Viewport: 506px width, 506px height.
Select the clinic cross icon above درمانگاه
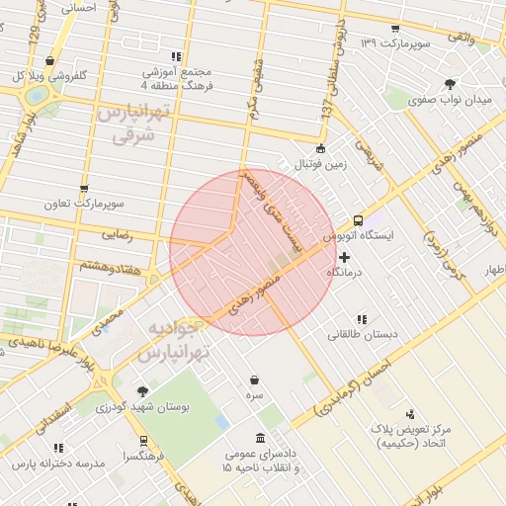coord(344,257)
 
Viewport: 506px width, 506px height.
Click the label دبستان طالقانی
coord(364,334)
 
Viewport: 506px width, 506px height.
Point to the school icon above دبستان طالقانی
coord(363,318)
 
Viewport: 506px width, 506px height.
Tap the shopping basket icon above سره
coord(255,379)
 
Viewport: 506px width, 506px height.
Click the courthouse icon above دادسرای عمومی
coord(260,438)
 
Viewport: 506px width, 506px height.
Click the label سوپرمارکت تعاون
coord(84,204)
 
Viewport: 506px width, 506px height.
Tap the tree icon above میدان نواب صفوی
coord(451,84)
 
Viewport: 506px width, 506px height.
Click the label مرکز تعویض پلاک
coord(410,431)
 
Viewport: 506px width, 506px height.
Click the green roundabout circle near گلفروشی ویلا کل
coord(38,96)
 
